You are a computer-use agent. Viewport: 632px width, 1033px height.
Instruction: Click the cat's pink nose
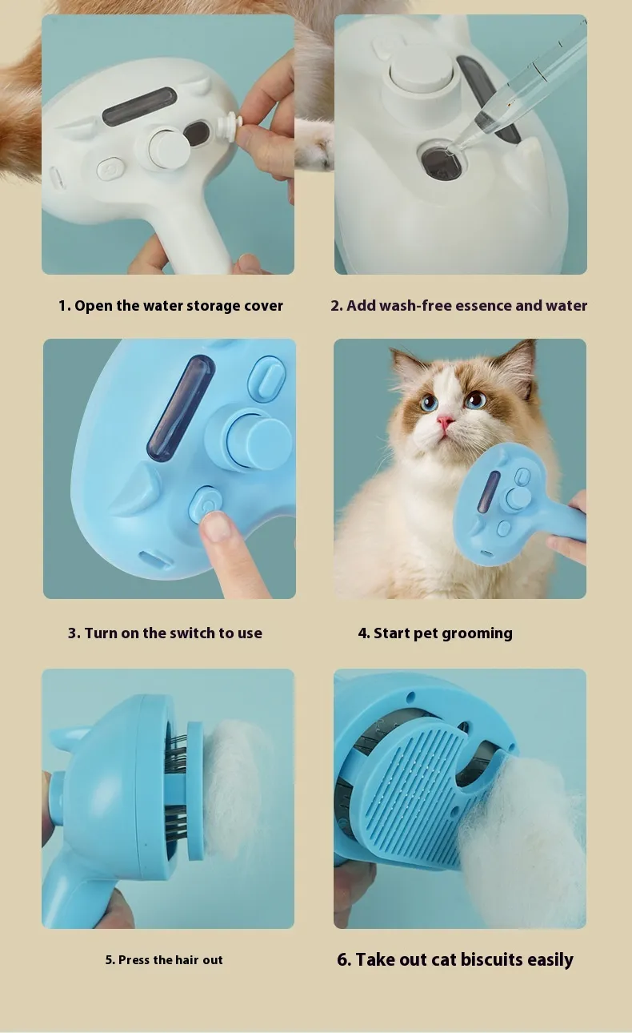(445, 421)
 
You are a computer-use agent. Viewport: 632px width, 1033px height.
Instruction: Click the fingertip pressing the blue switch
(216, 526)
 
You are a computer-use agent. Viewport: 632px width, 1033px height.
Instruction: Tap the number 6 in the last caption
(342, 959)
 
